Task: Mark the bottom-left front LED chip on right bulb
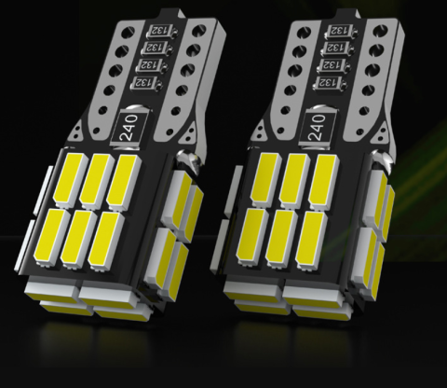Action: coord(255,235)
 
